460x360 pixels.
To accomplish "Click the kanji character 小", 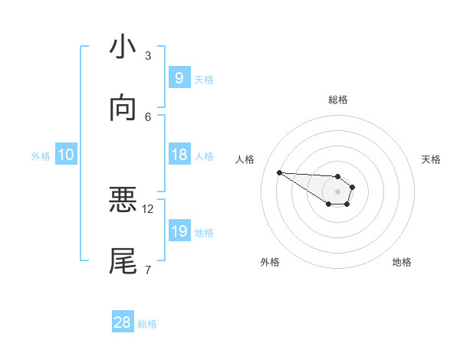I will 123,47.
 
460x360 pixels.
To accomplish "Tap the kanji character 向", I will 123,109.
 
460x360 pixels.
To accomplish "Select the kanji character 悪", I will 123,201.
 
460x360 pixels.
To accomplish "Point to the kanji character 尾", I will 123,261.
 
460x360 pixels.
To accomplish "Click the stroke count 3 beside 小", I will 148,55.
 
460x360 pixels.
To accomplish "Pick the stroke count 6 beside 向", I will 148,116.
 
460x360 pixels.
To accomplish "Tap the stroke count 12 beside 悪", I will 148,208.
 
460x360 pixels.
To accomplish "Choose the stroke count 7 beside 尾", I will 148,270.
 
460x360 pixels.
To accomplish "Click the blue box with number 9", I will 179,77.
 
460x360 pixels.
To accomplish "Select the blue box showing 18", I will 179,155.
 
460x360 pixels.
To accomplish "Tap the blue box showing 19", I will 179,231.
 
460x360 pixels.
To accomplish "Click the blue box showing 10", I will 66,155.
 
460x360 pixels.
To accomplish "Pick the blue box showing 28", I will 123,322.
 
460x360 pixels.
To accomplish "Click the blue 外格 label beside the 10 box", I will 41,155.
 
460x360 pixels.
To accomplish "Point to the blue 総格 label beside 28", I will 147,324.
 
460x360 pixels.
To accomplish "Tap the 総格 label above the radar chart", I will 338,100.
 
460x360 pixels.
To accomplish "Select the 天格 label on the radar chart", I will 431,159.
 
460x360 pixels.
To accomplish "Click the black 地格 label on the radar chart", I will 402,262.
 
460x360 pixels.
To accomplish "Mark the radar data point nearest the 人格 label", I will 279,172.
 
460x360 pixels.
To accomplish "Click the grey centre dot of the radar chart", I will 337,191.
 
